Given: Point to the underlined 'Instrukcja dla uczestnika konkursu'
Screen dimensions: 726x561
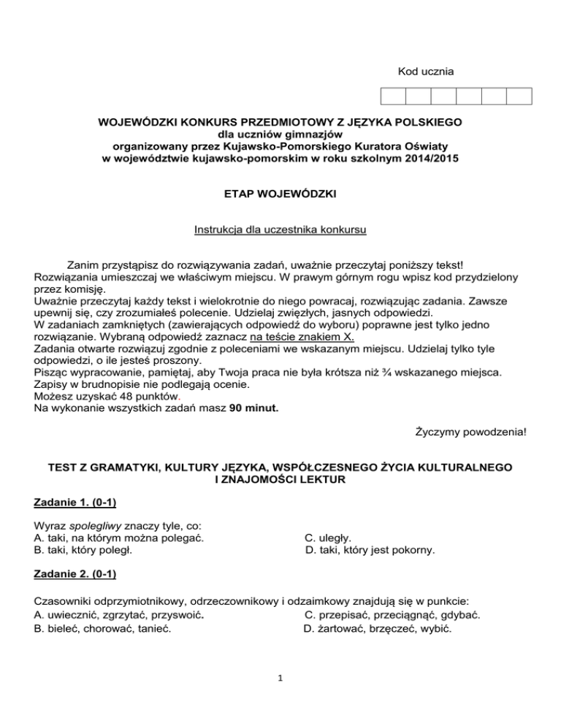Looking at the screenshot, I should point(280,230).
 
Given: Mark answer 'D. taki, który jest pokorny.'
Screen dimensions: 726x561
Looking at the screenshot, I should point(369,551).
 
